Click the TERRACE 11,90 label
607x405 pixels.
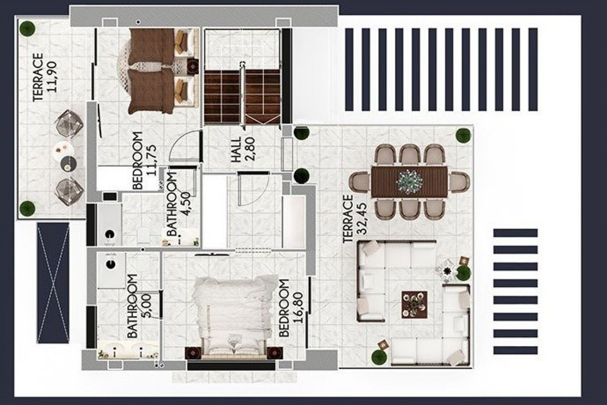pyautogui.click(x=45, y=77)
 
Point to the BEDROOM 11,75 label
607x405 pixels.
pyautogui.click(x=144, y=160)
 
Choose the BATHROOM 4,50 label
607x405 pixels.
pyautogui.click(x=179, y=204)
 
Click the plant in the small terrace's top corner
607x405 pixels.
pyautogui.click(x=27, y=28)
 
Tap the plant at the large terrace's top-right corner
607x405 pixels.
pyautogui.click(x=463, y=135)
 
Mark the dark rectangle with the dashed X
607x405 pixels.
pyautogui.click(x=53, y=283)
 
